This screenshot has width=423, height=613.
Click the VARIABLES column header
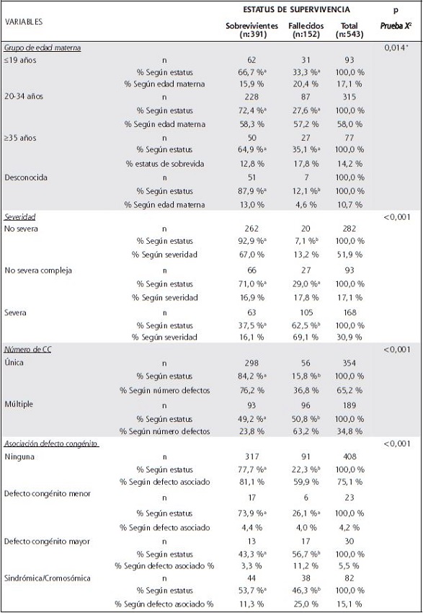(x=24, y=22)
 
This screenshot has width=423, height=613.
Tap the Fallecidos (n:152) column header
(x=305, y=29)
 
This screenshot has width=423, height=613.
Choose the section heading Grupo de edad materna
(x=43, y=48)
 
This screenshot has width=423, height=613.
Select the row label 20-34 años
(x=22, y=102)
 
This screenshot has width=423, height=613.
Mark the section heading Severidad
(x=21, y=216)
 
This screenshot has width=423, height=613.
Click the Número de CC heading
(x=29, y=349)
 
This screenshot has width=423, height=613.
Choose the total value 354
(x=351, y=363)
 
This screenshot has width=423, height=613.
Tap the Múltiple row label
(x=20, y=404)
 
